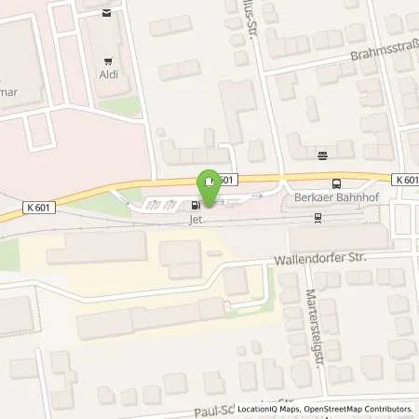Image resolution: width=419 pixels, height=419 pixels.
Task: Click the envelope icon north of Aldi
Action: click(x=106, y=13)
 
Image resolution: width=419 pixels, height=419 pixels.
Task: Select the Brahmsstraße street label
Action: click(x=384, y=54)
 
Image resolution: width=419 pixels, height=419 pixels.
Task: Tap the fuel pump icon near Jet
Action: click(x=196, y=205)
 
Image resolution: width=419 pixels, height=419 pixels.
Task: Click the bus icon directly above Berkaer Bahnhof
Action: click(x=336, y=183)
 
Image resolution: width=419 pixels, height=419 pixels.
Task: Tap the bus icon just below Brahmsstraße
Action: click(x=322, y=155)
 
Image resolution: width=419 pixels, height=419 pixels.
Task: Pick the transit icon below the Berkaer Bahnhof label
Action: click(x=318, y=218)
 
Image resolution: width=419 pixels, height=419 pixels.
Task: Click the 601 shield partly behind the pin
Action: click(x=229, y=179)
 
